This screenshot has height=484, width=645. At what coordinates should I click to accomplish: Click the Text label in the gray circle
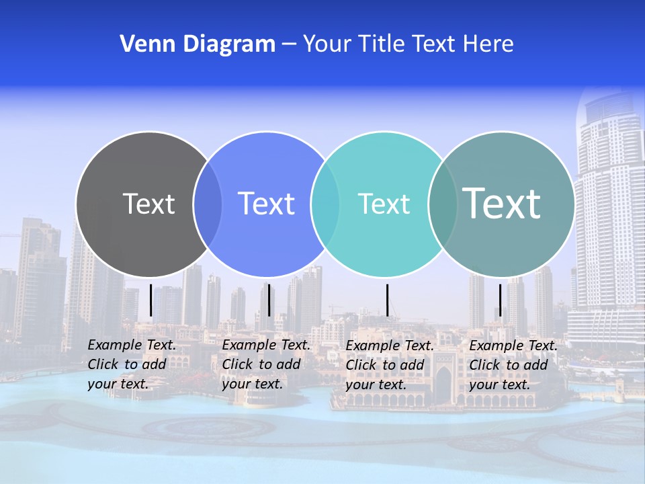tap(148, 204)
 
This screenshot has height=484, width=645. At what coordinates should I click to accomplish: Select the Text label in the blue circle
tap(266, 204)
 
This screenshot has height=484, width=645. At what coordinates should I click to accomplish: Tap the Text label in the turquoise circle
tap(384, 204)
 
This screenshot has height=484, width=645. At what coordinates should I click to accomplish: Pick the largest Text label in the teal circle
tap(502, 204)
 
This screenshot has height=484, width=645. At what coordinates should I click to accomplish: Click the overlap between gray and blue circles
tap(208, 204)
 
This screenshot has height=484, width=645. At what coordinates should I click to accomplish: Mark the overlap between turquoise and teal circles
tap(442, 204)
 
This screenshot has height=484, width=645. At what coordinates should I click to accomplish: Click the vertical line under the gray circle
tap(150, 300)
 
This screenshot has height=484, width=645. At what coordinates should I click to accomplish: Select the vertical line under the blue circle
tap(269, 300)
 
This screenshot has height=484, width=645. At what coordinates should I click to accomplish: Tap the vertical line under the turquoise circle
tap(387, 300)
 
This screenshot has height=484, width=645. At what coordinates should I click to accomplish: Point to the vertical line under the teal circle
tap(500, 300)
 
